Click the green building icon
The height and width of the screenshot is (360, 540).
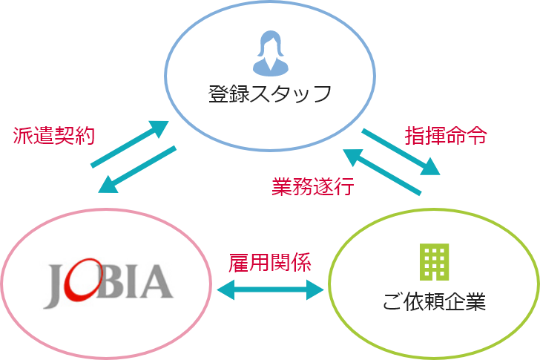pyautogui.click(x=435, y=261)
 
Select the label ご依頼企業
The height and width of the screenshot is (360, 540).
pyautogui.click(x=434, y=303)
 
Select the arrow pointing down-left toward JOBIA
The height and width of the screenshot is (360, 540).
pyautogui.click(x=138, y=171)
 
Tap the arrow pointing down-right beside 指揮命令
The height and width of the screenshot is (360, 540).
pyautogui.click(x=401, y=152)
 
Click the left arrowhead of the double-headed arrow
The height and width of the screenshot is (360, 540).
pyautogui.click(x=223, y=289)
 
